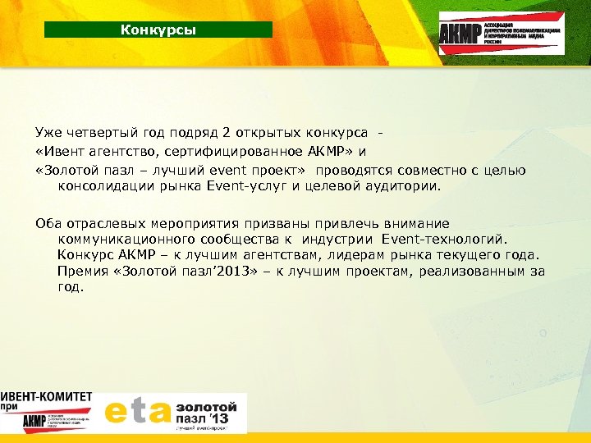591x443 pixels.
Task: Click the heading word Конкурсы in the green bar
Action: click(158, 30)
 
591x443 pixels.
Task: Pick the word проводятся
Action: click(360, 170)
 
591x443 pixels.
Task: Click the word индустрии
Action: click(344, 240)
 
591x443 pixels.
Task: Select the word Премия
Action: click(83, 272)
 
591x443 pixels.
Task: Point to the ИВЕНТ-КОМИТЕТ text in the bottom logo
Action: click(47, 396)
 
